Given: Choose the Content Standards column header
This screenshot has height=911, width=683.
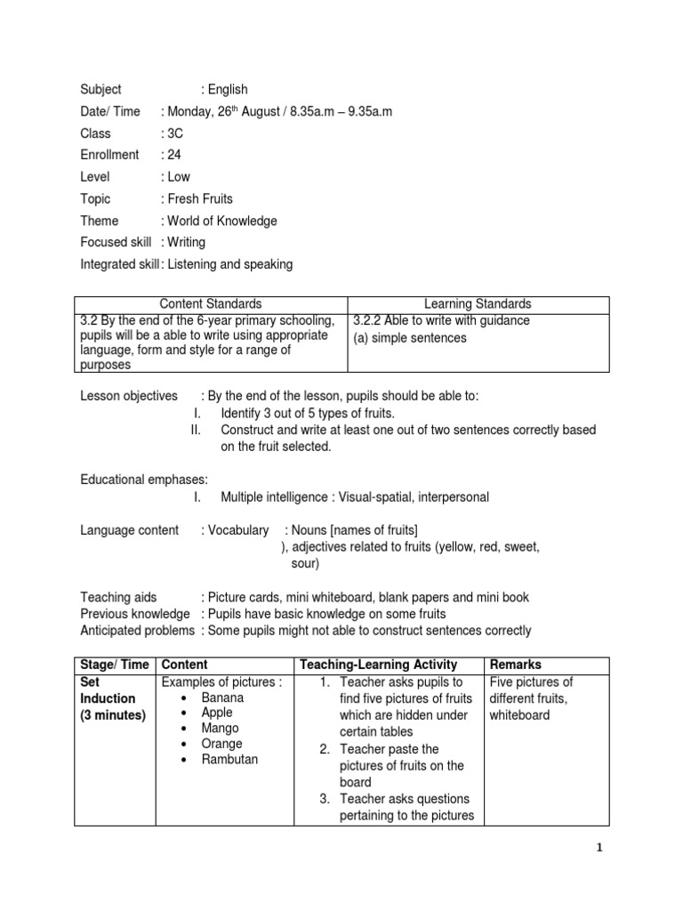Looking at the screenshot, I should coord(211,304).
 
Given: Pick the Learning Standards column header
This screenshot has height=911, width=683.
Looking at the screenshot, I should coord(478,304).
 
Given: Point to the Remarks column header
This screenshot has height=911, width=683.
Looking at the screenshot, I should coord(516,665).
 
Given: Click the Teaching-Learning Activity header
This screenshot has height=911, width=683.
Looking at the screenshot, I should coord(379,665).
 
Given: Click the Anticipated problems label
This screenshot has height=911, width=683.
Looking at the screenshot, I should coord(137,631).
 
